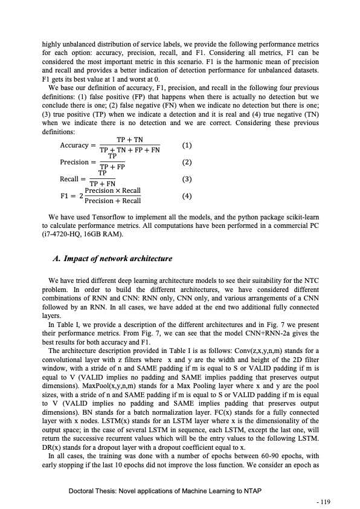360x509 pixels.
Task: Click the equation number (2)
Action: (187, 162)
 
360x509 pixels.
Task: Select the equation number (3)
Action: (187, 179)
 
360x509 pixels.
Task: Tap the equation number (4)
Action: (187, 196)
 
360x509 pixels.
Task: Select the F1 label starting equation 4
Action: (65, 196)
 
